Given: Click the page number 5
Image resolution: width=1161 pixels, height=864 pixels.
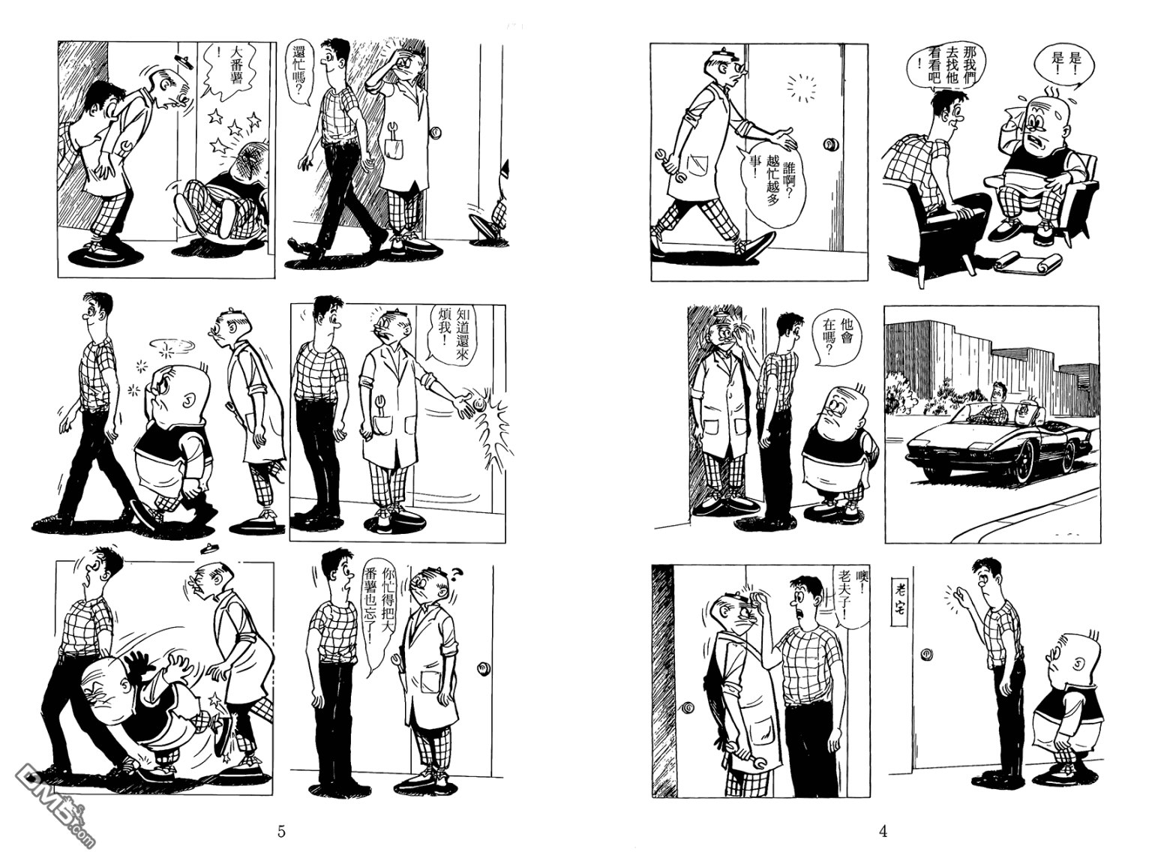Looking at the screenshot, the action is point(281,831).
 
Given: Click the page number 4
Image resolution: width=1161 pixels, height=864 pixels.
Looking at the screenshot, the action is point(883,831).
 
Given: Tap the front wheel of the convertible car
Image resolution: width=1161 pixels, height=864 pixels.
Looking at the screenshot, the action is point(1021,463).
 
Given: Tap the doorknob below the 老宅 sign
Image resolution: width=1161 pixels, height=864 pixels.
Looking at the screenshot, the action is point(928,655).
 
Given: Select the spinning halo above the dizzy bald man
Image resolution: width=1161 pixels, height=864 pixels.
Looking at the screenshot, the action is point(171,344).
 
